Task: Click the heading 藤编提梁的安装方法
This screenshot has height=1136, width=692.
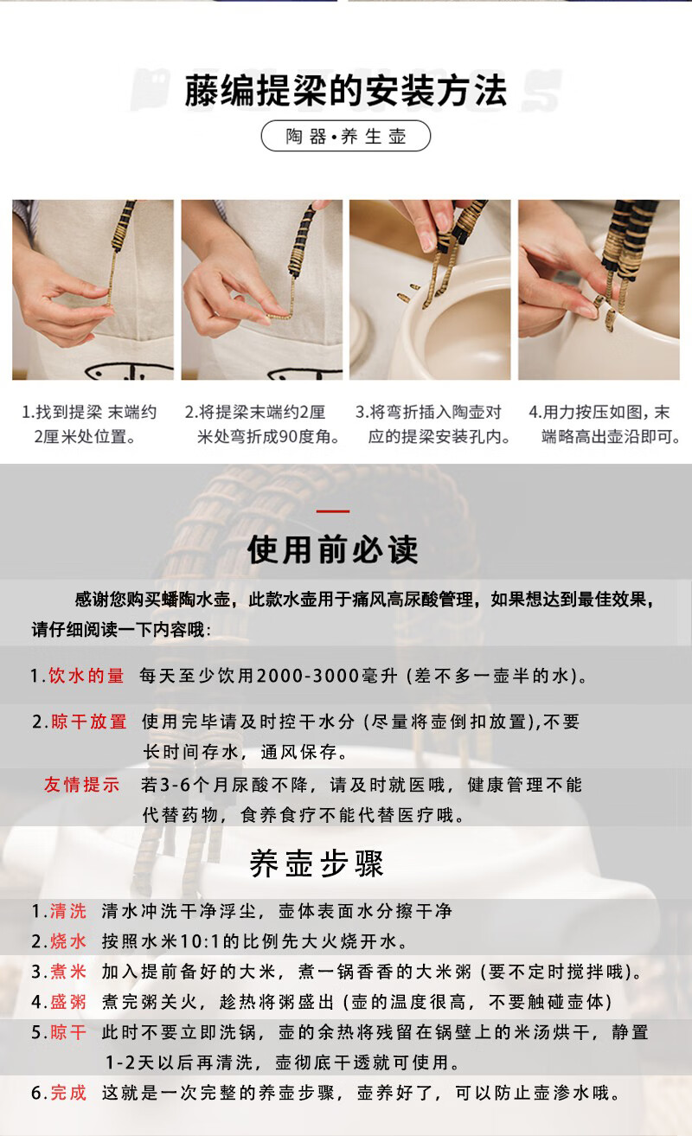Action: click(x=345, y=91)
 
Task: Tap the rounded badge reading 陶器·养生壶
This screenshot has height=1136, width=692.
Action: click(x=345, y=137)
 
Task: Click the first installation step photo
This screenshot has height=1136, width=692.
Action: click(x=93, y=290)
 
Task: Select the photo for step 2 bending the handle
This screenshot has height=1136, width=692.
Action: click(x=261, y=290)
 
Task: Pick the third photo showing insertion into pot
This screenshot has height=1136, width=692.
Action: click(x=430, y=290)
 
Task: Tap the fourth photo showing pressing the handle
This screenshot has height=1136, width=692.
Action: click(x=599, y=290)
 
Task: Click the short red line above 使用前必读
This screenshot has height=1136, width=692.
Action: click(x=333, y=512)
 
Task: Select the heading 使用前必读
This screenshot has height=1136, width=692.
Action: click(x=333, y=549)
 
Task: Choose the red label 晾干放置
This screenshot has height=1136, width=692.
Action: click(x=89, y=722)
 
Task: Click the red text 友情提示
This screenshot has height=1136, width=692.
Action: click(x=82, y=785)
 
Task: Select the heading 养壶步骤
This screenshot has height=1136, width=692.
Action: click(x=317, y=863)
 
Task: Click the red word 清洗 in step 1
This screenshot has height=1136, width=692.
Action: click(x=68, y=911)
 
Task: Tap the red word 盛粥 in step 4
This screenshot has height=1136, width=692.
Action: click(x=68, y=1002)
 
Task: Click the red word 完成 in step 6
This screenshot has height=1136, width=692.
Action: click(x=68, y=1093)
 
